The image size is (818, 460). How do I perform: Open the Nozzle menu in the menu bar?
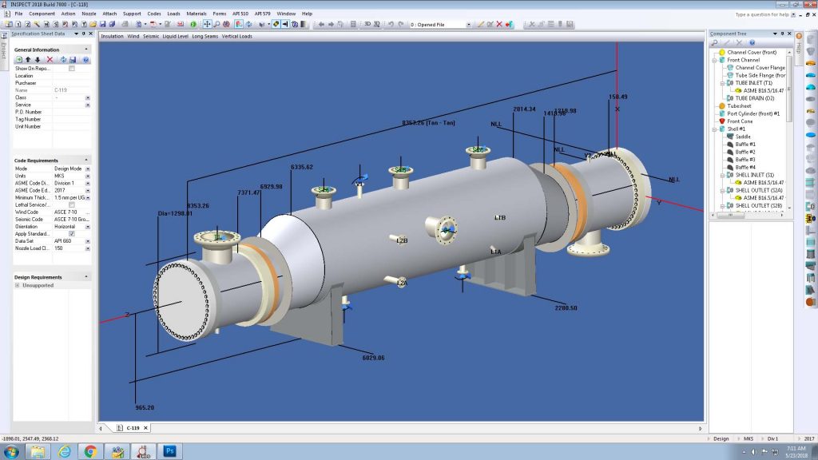pyautogui.click(x=89, y=14)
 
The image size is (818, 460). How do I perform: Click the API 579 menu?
pyautogui.click(x=263, y=14)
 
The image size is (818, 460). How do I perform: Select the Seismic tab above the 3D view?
pyautogui.click(x=151, y=36)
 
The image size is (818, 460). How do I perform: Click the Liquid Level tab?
pyautogui.click(x=176, y=36)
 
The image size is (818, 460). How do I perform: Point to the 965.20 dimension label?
pyautogui.click(x=145, y=407)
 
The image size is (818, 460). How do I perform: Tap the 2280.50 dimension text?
pyautogui.click(x=566, y=307)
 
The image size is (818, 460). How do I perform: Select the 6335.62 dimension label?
pyautogui.click(x=302, y=167)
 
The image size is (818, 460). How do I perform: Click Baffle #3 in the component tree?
pyautogui.click(x=746, y=160)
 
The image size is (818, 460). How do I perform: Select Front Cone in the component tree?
pyautogui.click(x=741, y=121)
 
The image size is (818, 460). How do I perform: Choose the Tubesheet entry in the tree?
pyautogui.click(x=739, y=106)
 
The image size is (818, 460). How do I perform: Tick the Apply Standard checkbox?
pyautogui.click(x=72, y=234)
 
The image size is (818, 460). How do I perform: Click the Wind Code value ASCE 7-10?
pyautogui.click(x=66, y=212)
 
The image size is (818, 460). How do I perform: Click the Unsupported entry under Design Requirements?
pyautogui.click(x=38, y=285)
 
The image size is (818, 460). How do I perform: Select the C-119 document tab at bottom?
pyautogui.click(x=135, y=428)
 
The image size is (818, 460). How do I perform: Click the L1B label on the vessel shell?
pyautogui.click(x=500, y=218)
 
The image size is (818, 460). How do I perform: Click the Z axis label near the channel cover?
pyautogui.click(x=127, y=314)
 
